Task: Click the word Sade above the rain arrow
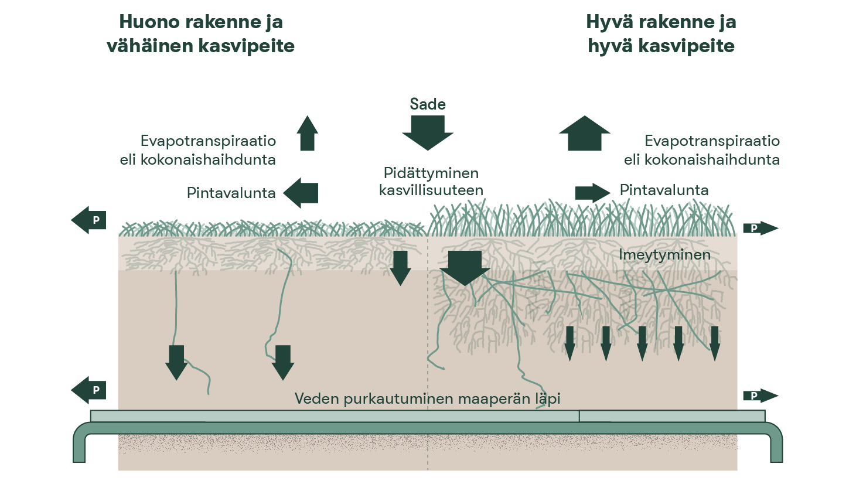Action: click(x=428, y=104)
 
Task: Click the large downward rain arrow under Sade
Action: click(x=428, y=132)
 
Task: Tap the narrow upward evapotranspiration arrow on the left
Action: click(x=307, y=133)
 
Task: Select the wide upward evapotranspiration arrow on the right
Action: click(x=585, y=133)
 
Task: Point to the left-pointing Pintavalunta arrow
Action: click(x=301, y=193)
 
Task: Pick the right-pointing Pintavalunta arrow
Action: click(x=592, y=193)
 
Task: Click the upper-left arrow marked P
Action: click(x=89, y=220)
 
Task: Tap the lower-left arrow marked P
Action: click(x=89, y=390)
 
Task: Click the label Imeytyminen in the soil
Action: click(x=664, y=255)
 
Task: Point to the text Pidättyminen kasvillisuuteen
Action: click(x=431, y=182)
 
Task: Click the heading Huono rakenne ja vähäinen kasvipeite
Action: click(x=200, y=34)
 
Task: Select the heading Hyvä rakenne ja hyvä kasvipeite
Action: click(x=661, y=34)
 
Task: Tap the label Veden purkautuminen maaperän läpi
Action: click(x=427, y=399)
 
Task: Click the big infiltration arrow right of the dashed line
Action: click(x=465, y=267)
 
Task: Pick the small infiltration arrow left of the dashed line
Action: click(x=401, y=267)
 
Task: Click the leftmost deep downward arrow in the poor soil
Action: click(x=176, y=362)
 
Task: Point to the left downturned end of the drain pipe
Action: click(x=80, y=448)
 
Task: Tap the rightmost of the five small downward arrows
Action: click(x=714, y=343)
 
